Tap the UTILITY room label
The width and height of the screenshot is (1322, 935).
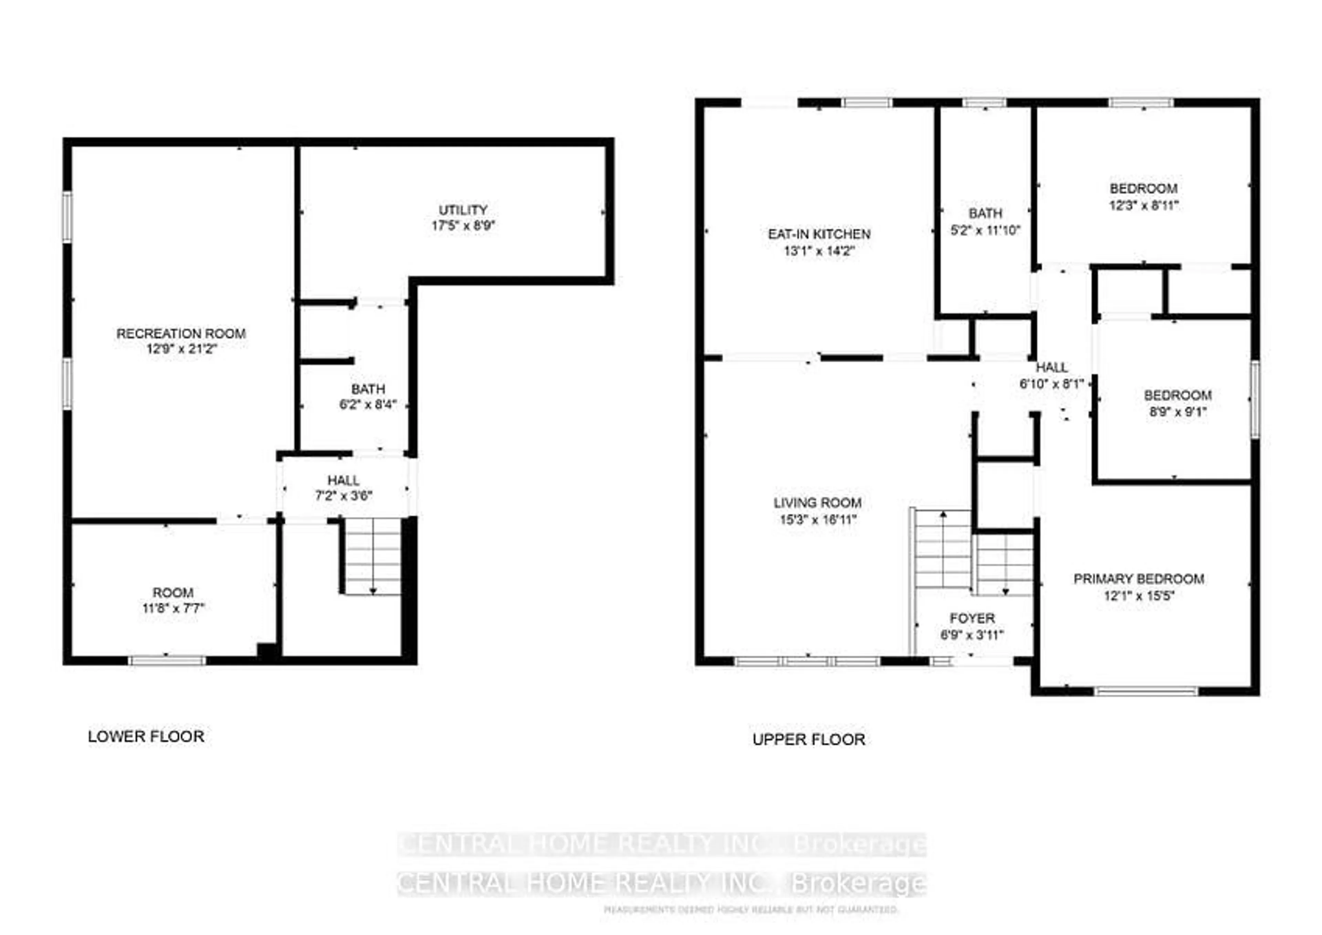click(x=463, y=210)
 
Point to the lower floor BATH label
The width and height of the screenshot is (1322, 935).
click(x=368, y=389)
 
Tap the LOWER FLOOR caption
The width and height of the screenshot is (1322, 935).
click(x=146, y=736)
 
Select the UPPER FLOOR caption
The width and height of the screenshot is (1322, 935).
click(x=808, y=739)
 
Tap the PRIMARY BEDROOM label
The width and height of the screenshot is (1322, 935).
click(x=1138, y=579)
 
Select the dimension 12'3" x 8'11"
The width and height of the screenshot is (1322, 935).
click(x=1144, y=205)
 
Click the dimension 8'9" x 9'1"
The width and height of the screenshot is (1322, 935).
click(x=1177, y=412)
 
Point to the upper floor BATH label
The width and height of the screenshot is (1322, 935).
click(x=985, y=214)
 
